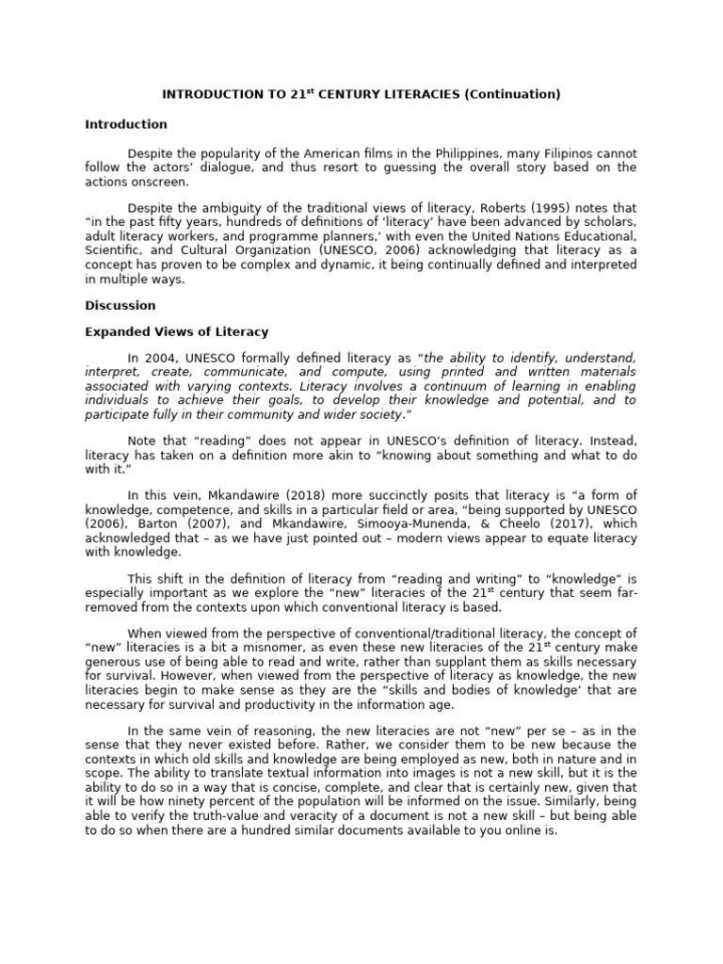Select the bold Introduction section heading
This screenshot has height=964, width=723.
(x=126, y=124)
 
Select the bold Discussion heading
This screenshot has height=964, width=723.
(x=120, y=306)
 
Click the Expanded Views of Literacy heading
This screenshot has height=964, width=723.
(x=177, y=332)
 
